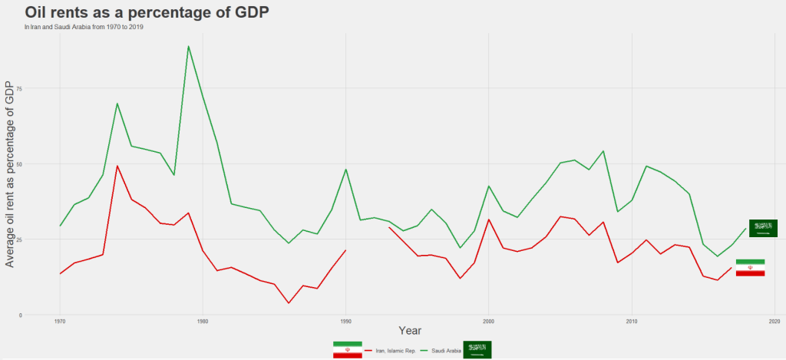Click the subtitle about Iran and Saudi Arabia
click(84, 27)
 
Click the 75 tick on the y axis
click(20, 88)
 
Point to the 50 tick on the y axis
click(20, 163)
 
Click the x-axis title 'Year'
click(410, 331)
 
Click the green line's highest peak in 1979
click(188, 46)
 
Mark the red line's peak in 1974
click(117, 166)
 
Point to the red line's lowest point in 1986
click(289, 302)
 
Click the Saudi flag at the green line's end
click(764, 228)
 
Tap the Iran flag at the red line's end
click(750, 268)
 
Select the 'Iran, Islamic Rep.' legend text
click(395, 351)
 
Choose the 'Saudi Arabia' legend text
click(446, 351)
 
